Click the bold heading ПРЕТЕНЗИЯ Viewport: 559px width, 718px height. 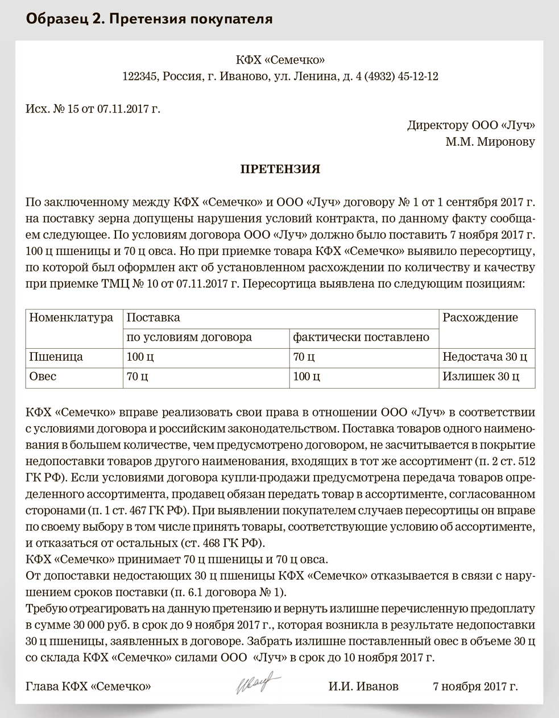pyautogui.click(x=280, y=169)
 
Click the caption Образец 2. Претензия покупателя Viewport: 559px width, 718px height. pyautogui.click(x=149, y=19)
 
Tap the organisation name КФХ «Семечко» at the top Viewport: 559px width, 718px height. pyautogui.click(x=280, y=60)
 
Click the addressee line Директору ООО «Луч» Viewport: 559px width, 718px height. pyautogui.click(x=471, y=125)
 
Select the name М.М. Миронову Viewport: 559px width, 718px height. pyautogui.click(x=490, y=142)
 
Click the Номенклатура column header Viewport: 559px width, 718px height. pyautogui.click(x=71, y=317)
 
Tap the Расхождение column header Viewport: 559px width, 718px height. pyautogui.click(x=480, y=317)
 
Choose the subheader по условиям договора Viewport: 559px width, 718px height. pyautogui.click(x=189, y=337)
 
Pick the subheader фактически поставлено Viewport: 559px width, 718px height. pyautogui.click(x=361, y=337)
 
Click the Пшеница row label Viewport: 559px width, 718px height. pyautogui.click(x=56, y=357)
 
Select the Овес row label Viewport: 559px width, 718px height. pyautogui.click(x=43, y=377)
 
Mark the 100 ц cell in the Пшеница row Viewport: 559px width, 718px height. pyautogui.click(x=140, y=357)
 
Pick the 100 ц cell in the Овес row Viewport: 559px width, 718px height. pyautogui.click(x=306, y=377)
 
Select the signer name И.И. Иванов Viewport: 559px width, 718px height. pyautogui.click(x=363, y=686)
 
